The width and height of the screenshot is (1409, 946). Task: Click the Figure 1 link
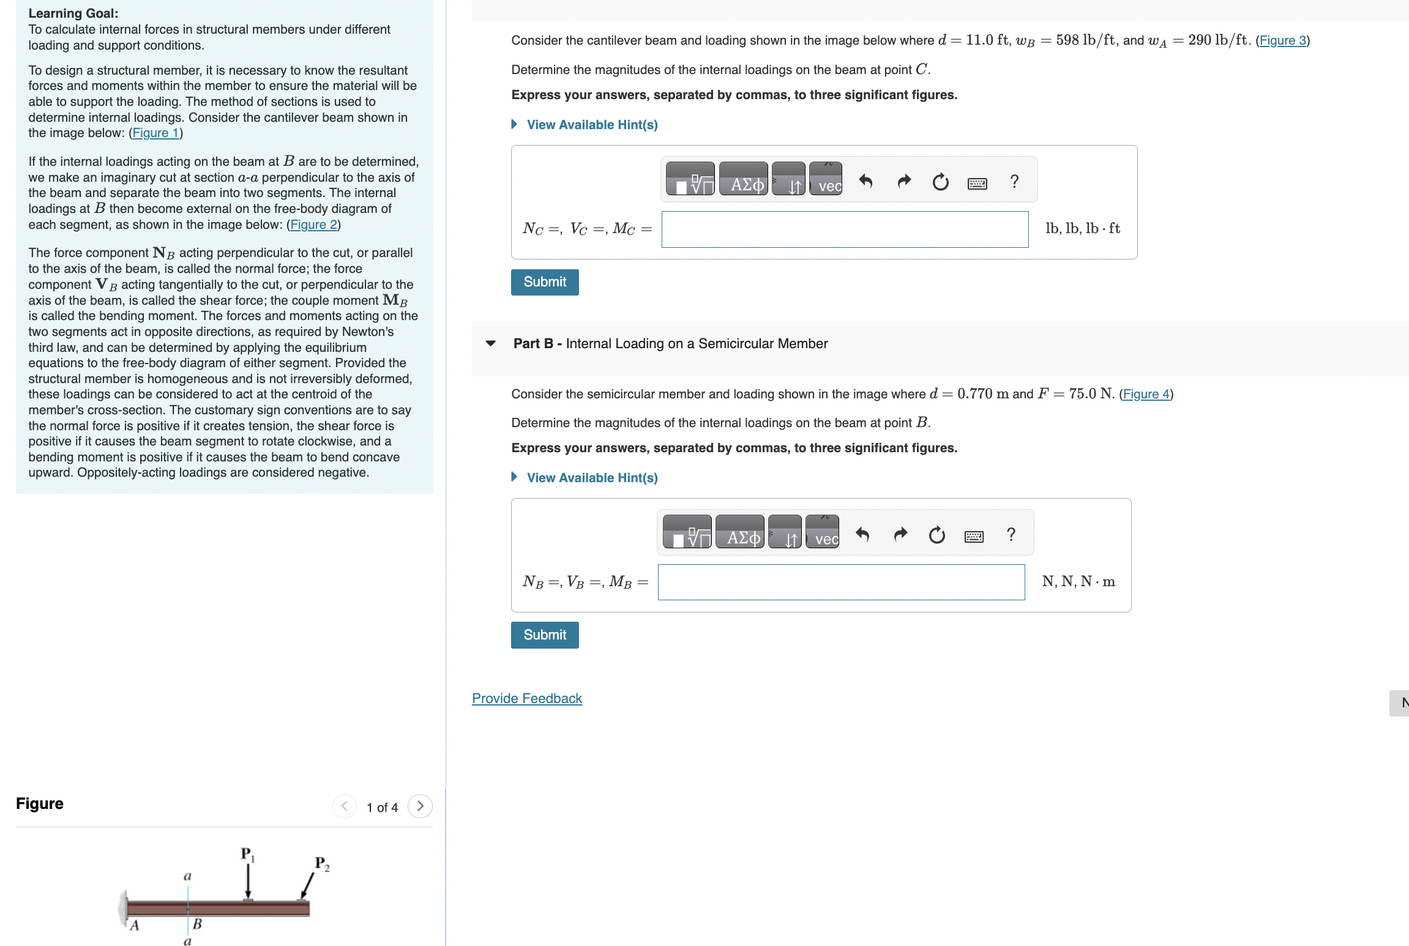(x=155, y=133)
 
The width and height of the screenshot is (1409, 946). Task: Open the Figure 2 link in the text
(x=313, y=225)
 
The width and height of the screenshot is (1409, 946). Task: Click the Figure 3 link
(x=1282, y=40)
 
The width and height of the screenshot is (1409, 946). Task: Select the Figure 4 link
(x=1146, y=394)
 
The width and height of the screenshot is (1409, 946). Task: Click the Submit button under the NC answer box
(x=545, y=282)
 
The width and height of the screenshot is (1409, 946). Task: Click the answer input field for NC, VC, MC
(x=845, y=229)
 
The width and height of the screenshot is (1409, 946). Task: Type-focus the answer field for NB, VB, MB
(x=841, y=582)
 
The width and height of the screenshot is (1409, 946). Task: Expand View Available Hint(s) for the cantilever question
(x=591, y=125)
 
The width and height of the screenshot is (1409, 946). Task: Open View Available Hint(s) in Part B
(x=591, y=478)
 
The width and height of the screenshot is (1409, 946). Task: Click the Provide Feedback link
(x=527, y=698)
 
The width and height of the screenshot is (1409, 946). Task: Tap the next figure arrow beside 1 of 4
(x=420, y=806)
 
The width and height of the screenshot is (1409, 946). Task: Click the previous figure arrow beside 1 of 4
(x=345, y=806)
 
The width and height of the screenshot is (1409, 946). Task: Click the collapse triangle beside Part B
(x=490, y=343)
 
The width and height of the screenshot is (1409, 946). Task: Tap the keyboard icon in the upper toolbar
(x=977, y=182)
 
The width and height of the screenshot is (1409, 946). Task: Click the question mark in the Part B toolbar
(x=1011, y=535)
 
